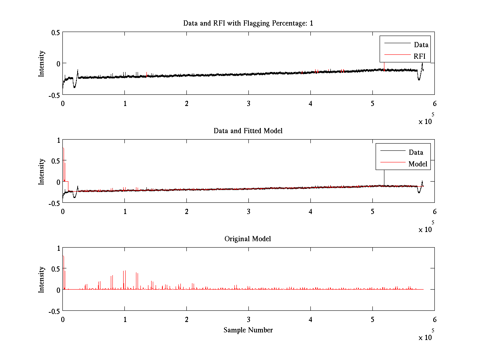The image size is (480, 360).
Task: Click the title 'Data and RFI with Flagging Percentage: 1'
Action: (248, 23)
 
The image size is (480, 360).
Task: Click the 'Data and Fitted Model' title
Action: (248, 131)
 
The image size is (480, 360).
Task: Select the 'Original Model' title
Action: (248, 239)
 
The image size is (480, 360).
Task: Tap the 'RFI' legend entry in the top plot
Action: (420, 57)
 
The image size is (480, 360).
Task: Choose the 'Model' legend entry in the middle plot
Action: (418, 164)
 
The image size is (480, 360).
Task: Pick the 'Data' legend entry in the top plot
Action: (421, 45)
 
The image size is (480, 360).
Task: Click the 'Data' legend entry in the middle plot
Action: (416, 152)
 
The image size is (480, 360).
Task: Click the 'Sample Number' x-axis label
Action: (248, 330)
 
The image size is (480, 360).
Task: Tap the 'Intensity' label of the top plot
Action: (42, 64)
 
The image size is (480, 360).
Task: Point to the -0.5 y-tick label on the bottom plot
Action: (54, 311)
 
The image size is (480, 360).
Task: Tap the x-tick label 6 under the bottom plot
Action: (434, 319)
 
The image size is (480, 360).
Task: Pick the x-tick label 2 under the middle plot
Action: (186, 211)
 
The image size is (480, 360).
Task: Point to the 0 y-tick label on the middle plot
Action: (58, 182)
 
